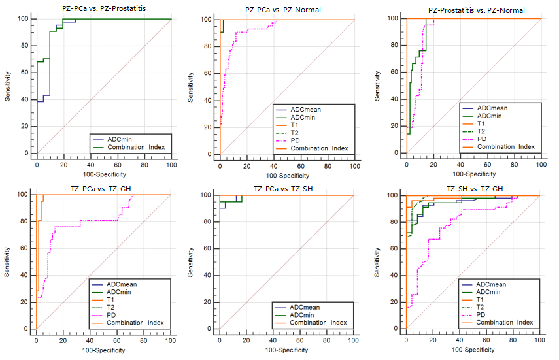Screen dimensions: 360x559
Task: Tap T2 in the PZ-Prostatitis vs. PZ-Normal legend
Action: click(482, 131)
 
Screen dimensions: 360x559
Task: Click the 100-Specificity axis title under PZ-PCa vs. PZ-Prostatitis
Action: click(104, 174)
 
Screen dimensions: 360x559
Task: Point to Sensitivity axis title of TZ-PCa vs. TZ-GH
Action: click(8, 262)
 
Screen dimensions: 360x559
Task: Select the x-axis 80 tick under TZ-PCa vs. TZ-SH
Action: click(327, 341)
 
